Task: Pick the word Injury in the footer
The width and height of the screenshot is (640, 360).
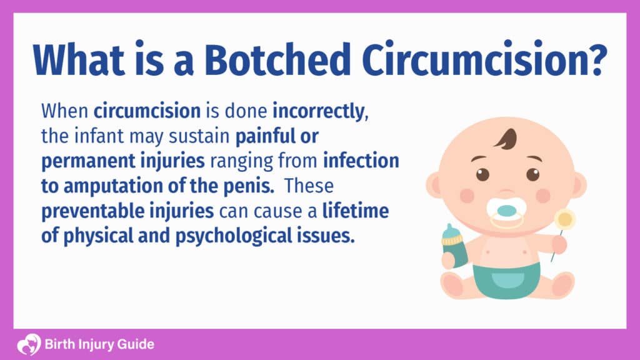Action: pos(98,344)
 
